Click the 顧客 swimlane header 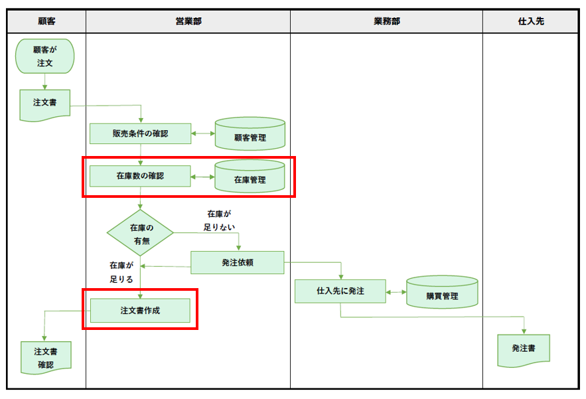[46, 21]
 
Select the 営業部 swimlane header [188, 21]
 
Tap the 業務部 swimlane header [386, 21]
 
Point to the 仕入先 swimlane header [530, 21]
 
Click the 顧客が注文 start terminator [45, 56]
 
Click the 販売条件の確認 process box [140, 133]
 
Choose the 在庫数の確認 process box [140, 177]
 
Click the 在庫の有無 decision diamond [141, 234]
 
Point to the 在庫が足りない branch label [219, 220]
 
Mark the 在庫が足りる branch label [121, 273]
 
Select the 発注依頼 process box [237, 262]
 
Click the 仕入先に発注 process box [340, 291]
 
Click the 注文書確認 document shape [45, 357]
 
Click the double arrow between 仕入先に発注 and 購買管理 [396, 291]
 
